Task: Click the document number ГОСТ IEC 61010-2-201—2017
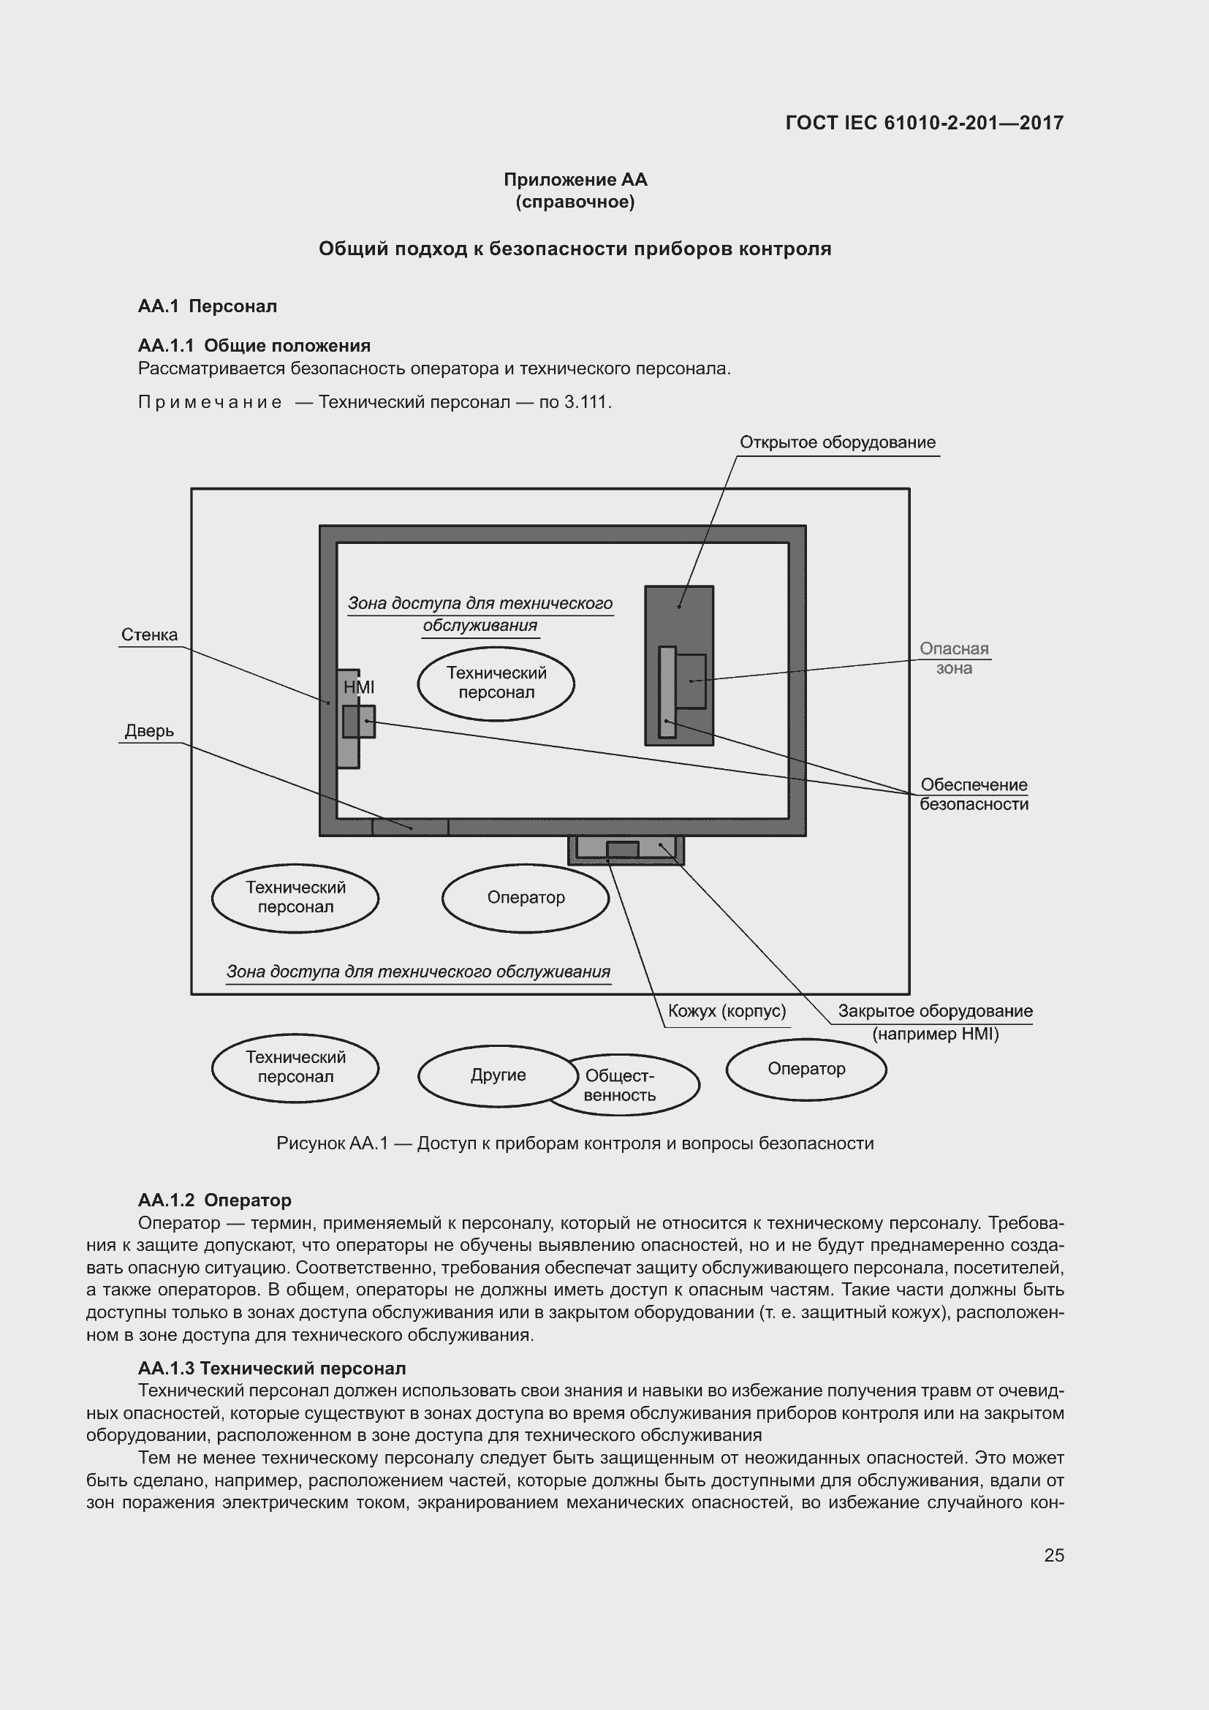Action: tap(924, 123)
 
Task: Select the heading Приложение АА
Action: tap(575, 180)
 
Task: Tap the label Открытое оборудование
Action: tap(837, 442)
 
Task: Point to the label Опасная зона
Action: tap(954, 659)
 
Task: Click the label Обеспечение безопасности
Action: tap(974, 794)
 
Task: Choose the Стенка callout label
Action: tap(150, 635)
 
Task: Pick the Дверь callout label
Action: tap(150, 731)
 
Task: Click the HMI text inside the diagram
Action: tap(359, 687)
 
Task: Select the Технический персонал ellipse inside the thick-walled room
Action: tap(496, 683)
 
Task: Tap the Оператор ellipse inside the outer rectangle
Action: tap(526, 898)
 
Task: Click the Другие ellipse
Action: tap(497, 1075)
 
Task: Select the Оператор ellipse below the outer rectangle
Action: tap(806, 1069)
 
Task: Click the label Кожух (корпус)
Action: tap(727, 1011)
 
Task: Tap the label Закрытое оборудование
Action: tap(935, 1011)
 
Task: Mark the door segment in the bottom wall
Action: tap(410, 827)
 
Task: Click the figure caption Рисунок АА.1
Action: tap(575, 1143)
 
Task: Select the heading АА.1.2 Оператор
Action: tap(214, 1200)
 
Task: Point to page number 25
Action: tap(1053, 1555)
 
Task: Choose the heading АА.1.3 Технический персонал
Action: tap(272, 1368)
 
